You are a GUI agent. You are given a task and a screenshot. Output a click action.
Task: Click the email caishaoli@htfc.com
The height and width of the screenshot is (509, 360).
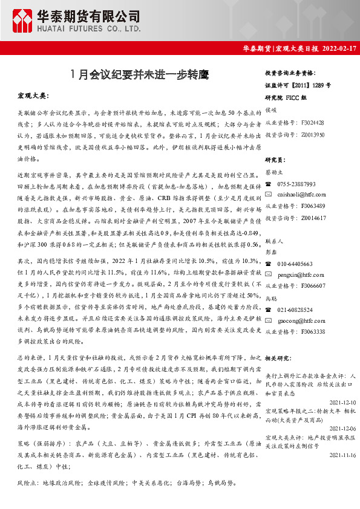(x=298, y=195)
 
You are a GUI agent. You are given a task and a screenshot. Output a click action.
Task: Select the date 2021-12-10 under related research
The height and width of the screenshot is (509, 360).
(x=341, y=401)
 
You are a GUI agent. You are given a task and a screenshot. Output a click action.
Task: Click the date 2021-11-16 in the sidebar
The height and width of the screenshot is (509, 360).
(x=341, y=455)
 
